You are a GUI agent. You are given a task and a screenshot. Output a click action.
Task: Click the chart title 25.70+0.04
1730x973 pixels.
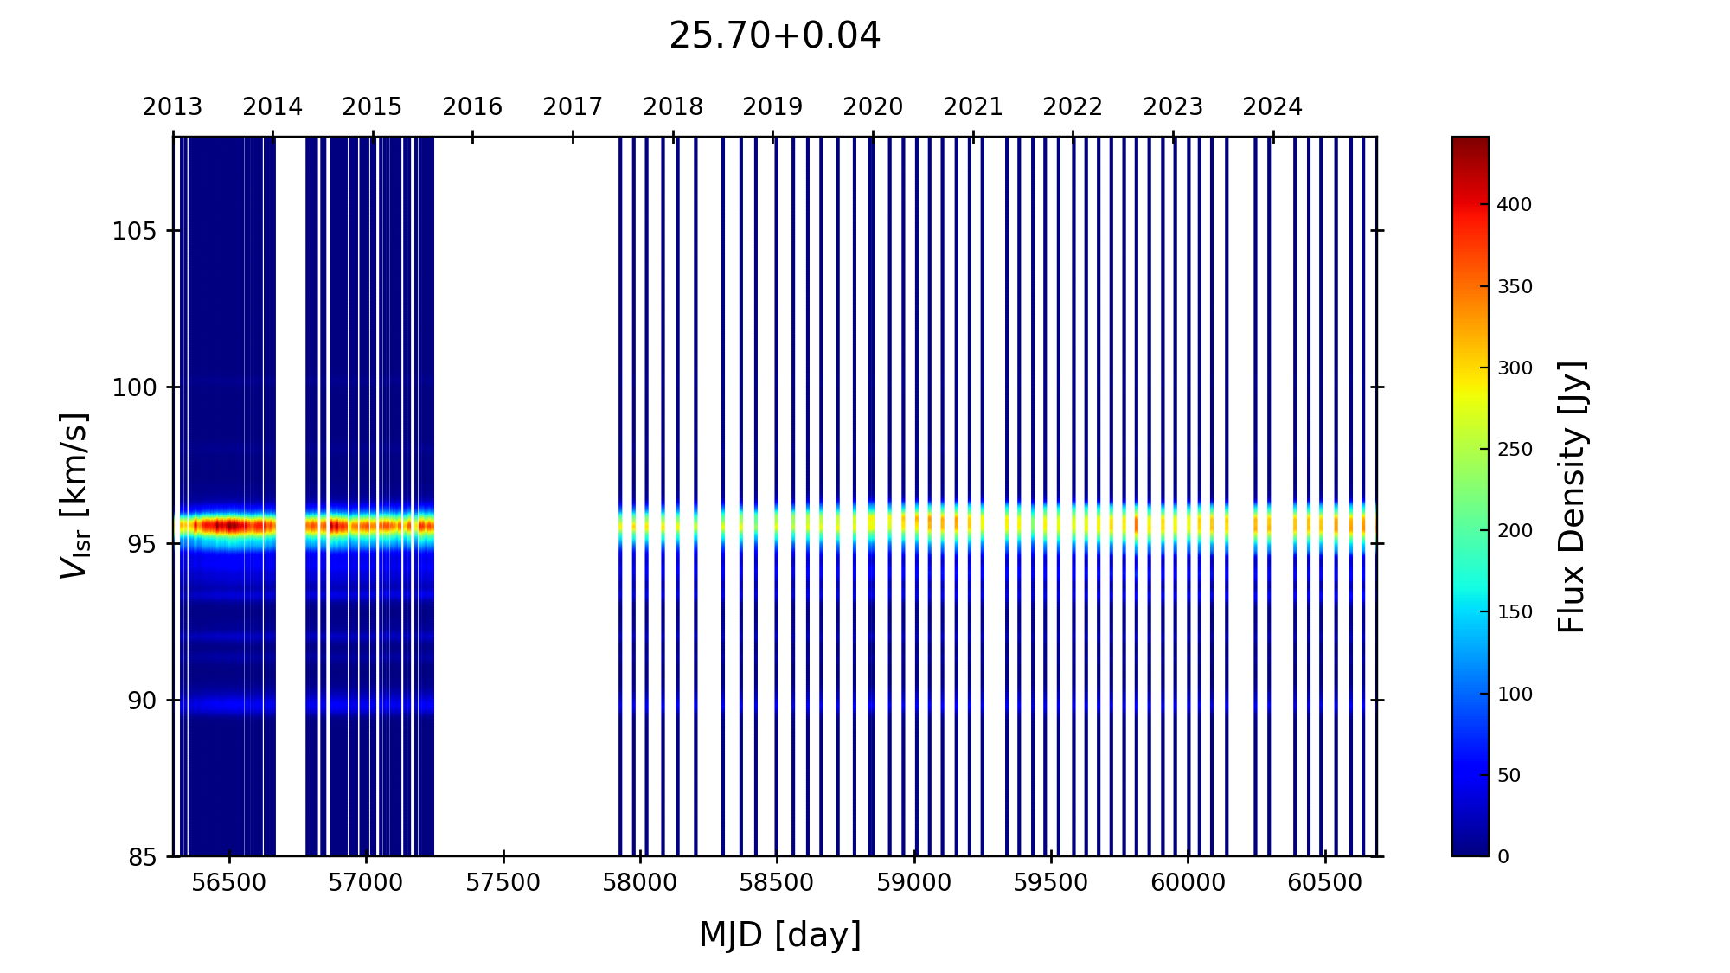pos(774,36)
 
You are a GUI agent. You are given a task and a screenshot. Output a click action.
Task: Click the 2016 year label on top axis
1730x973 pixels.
pos(472,107)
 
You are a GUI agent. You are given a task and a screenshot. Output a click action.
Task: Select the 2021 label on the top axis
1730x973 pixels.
pos(972,107)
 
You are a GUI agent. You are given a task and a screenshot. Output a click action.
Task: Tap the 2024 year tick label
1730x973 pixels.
pos(1272,107)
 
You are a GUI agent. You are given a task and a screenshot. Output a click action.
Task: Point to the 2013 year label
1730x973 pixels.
pos(172,107)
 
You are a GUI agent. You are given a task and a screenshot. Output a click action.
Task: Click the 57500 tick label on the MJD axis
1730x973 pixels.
pos(503,883)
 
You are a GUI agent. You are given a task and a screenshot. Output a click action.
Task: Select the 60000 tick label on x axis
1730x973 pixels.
pos(1187,883)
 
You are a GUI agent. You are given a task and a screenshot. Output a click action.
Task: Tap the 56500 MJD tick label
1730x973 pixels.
pos(229,883)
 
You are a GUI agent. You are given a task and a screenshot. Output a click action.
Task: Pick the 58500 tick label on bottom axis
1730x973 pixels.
pos(777,883)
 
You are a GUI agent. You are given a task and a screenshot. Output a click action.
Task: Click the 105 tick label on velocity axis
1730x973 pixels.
pos(134,231)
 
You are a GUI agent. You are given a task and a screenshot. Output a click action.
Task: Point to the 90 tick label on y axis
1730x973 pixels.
pos(142,701)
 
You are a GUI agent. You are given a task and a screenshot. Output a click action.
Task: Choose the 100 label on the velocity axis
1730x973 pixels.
pos(134,387)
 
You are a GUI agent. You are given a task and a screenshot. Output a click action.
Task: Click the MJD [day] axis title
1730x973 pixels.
pos(779,935)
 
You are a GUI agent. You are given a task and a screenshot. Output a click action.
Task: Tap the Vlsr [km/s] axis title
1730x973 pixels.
pos(74,496)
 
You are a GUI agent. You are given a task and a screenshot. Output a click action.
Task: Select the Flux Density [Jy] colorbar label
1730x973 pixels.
pos(1571,496)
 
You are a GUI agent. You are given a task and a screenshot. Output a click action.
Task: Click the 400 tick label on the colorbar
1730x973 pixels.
pos(1514,205)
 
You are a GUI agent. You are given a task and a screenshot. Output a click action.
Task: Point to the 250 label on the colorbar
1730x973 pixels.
pos(1514,450)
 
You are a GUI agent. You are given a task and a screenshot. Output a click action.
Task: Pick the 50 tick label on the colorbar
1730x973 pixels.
pos(1509,776)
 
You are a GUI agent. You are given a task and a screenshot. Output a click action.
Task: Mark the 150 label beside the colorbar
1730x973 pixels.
pos(1514,612)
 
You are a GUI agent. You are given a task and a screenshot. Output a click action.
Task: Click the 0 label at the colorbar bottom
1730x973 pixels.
pos(1503,857)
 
